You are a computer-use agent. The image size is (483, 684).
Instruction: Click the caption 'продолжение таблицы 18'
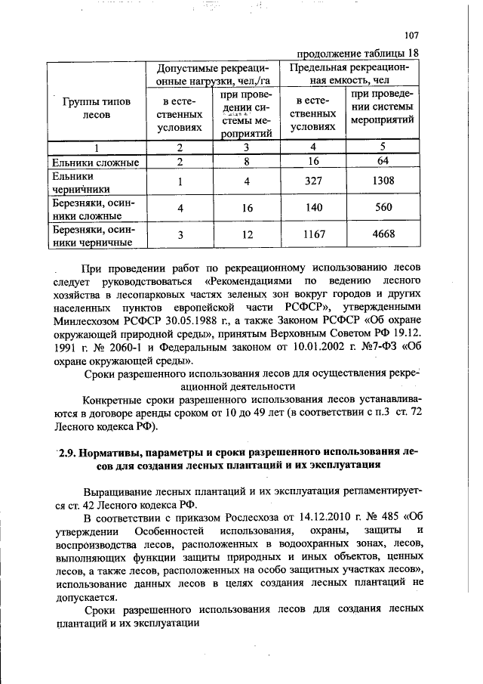tap(357, 54)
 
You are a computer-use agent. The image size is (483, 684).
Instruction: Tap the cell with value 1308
tap(383, 181)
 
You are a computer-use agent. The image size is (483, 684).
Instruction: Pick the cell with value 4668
tap(383, 234)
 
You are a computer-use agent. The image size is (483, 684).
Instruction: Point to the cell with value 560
tap(383, 208)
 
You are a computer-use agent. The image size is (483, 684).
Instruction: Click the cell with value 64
tap(383, 162)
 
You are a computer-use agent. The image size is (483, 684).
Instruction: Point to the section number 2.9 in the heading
tap(69, 451)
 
